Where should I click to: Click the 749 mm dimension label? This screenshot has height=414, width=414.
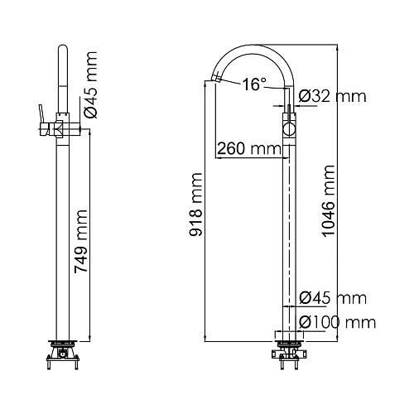(x=81, y=242)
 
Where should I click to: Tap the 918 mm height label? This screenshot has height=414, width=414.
(x=195, y=205)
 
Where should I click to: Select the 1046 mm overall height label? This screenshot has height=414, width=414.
(x=328, y=201)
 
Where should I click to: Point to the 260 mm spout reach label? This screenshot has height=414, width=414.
(x=249, y=149)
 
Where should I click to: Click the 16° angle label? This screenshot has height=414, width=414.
(x=254, y=84)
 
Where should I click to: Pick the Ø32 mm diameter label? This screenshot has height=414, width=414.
(x=333, y=96)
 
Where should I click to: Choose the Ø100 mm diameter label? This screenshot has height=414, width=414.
(x=338, y=322)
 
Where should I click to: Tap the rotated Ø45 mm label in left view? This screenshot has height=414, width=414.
(x=90, y=85)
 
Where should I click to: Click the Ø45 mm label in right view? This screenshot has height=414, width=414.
(x=333, y=298)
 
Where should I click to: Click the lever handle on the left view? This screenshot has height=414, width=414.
(x=42, y=113)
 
